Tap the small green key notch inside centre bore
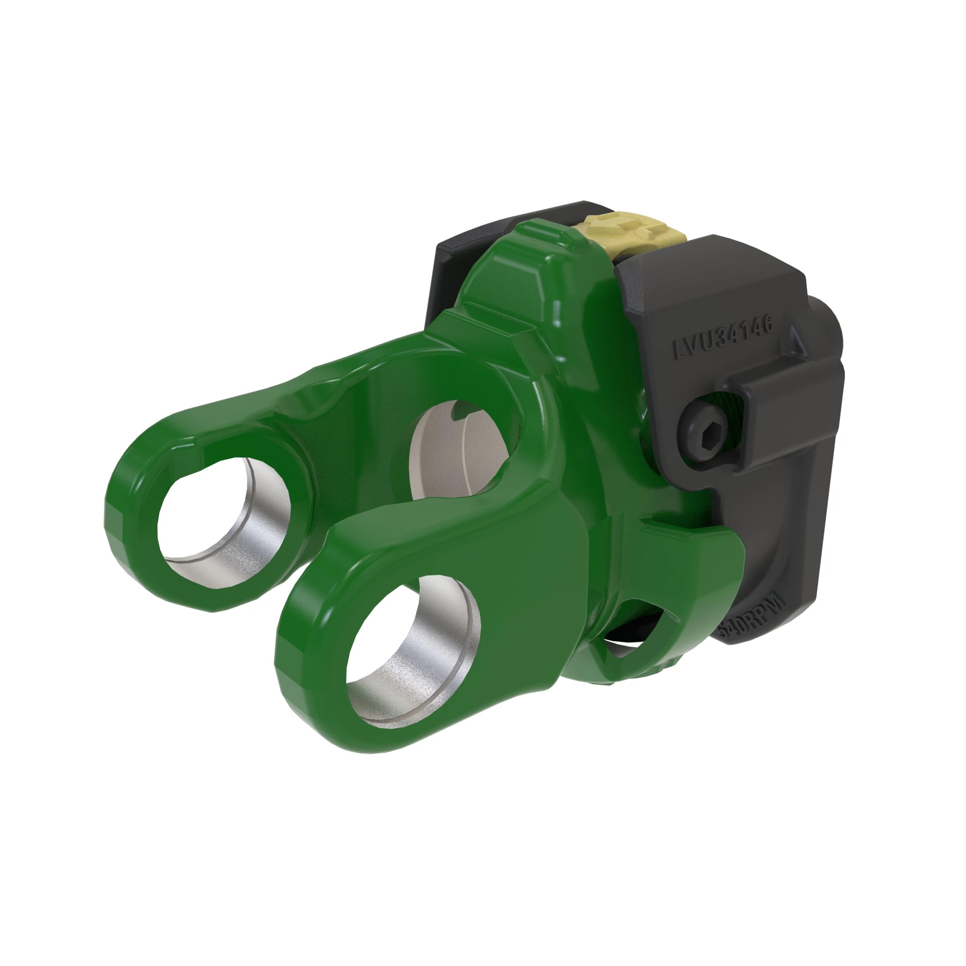tap(458, 412)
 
